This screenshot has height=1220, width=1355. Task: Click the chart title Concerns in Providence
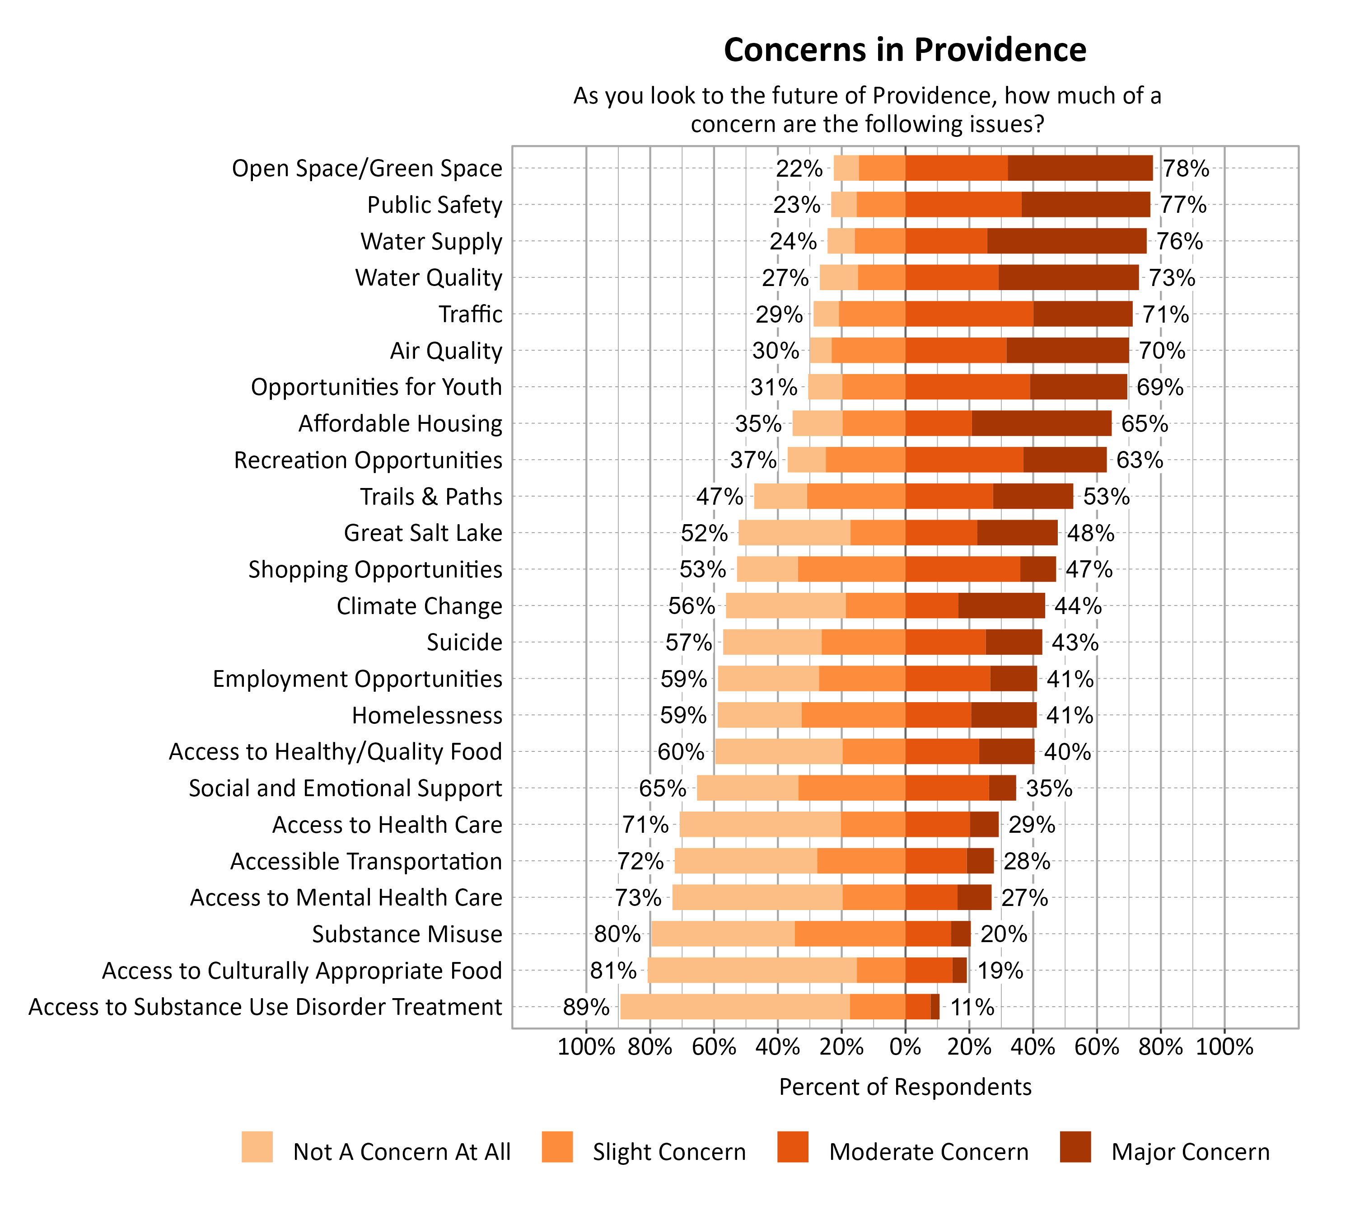point(905,50)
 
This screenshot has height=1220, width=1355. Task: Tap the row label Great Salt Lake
point(422,533)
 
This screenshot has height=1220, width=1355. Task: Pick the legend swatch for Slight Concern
point(557,1147)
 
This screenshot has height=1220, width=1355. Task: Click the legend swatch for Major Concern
point(1075,1147)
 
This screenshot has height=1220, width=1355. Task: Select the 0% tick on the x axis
point(905,1046)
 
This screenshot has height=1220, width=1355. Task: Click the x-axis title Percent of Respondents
point(905,1087)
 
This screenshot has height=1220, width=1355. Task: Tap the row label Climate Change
point(419,606)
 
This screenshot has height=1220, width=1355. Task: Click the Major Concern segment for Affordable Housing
point(1042,424)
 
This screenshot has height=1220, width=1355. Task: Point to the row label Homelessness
point(426,715)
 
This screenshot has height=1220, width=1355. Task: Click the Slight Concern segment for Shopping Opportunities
point(851,569)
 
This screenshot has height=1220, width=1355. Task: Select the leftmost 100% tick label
point(586,1046)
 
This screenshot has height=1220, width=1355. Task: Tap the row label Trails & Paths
point(430,497)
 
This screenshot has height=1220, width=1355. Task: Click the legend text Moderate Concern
point(928,1152)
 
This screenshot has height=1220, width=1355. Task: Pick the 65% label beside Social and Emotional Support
point(662,788)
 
